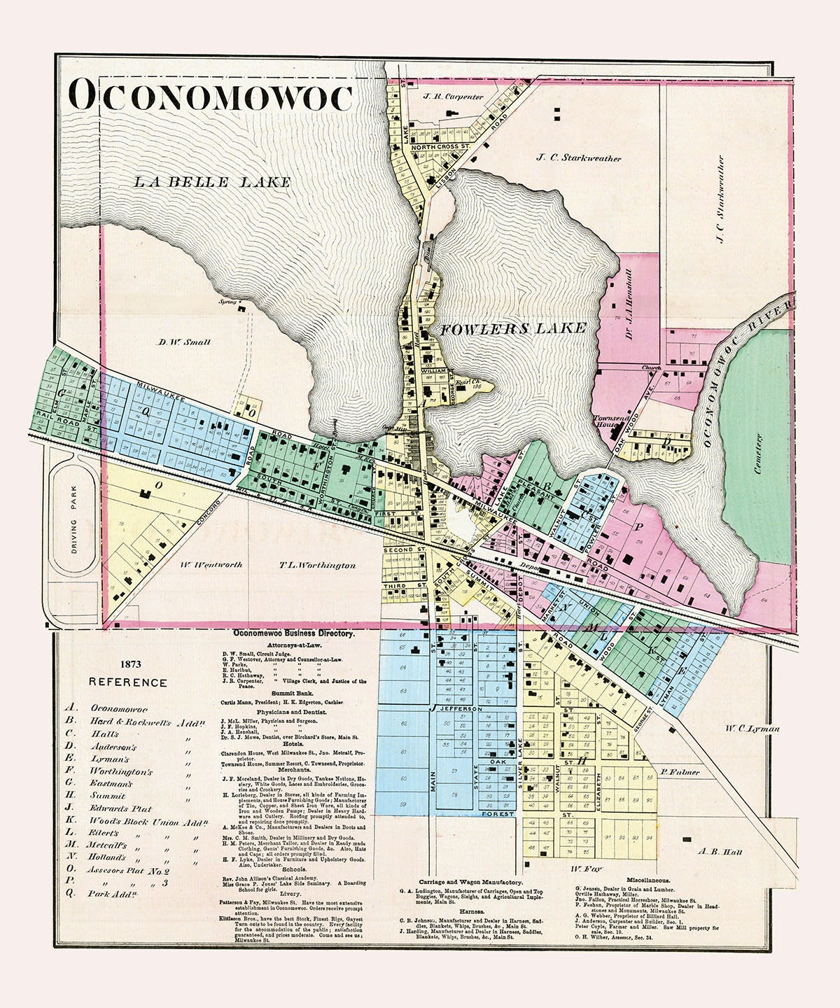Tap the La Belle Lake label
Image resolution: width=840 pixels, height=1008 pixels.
[x=211, y=182]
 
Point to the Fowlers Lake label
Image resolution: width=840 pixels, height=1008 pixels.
[x=512, y=328]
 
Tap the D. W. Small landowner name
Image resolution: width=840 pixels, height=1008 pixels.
[x=183, y=342]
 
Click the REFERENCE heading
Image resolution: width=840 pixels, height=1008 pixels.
[x=127, y=683]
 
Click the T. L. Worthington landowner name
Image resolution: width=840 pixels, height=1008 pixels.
[x=317, y=565]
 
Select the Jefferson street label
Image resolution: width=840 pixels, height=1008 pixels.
[x=459, y=709]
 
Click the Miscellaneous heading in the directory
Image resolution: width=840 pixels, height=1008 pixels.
[x=639, y=879]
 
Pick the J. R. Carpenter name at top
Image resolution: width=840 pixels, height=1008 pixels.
[x=453, y=97]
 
